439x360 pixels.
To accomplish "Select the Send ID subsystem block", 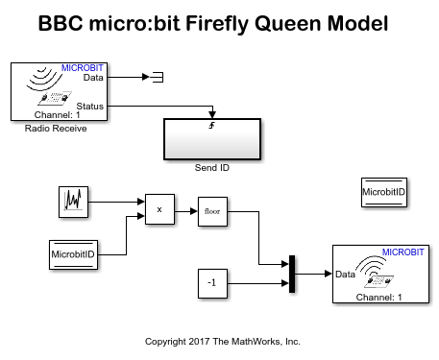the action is click(212, 139).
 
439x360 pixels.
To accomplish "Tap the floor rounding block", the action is click(212, 211).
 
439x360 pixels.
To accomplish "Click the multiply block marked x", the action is click(159, 209).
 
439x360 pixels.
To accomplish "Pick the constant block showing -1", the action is click(212, 283).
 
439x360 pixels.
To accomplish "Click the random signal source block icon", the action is click(73, 202).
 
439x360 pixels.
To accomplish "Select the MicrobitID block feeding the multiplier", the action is click(73, 254).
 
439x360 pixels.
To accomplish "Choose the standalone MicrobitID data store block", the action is click(384, 192).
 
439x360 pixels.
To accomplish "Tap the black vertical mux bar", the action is click(292, 274).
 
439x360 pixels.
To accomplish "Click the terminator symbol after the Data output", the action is click(158, 77).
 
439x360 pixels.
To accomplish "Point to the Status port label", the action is click(90, 106).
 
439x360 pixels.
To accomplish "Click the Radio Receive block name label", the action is click(56, 129).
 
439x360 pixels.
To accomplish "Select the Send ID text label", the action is click(212, 168).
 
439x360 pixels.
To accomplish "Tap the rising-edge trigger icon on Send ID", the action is click(211, 126).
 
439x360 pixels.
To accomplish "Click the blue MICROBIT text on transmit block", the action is click(402, 252).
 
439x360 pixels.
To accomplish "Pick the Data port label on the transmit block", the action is click(345, 275).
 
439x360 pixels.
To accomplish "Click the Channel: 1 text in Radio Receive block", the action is click(57, 115).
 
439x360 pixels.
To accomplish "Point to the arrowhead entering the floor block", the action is click(194, 211).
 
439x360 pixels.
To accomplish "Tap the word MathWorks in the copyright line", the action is click(256, 342).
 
